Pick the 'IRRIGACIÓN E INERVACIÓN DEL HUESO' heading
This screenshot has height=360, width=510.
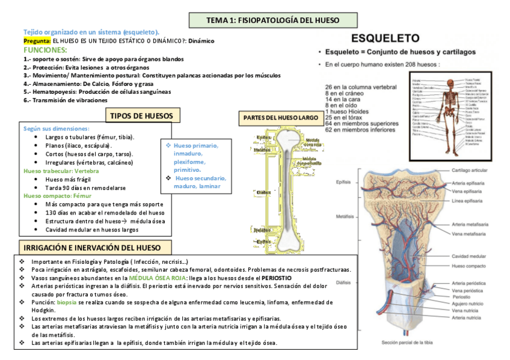92,248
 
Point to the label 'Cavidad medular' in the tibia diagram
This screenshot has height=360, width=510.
469,256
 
